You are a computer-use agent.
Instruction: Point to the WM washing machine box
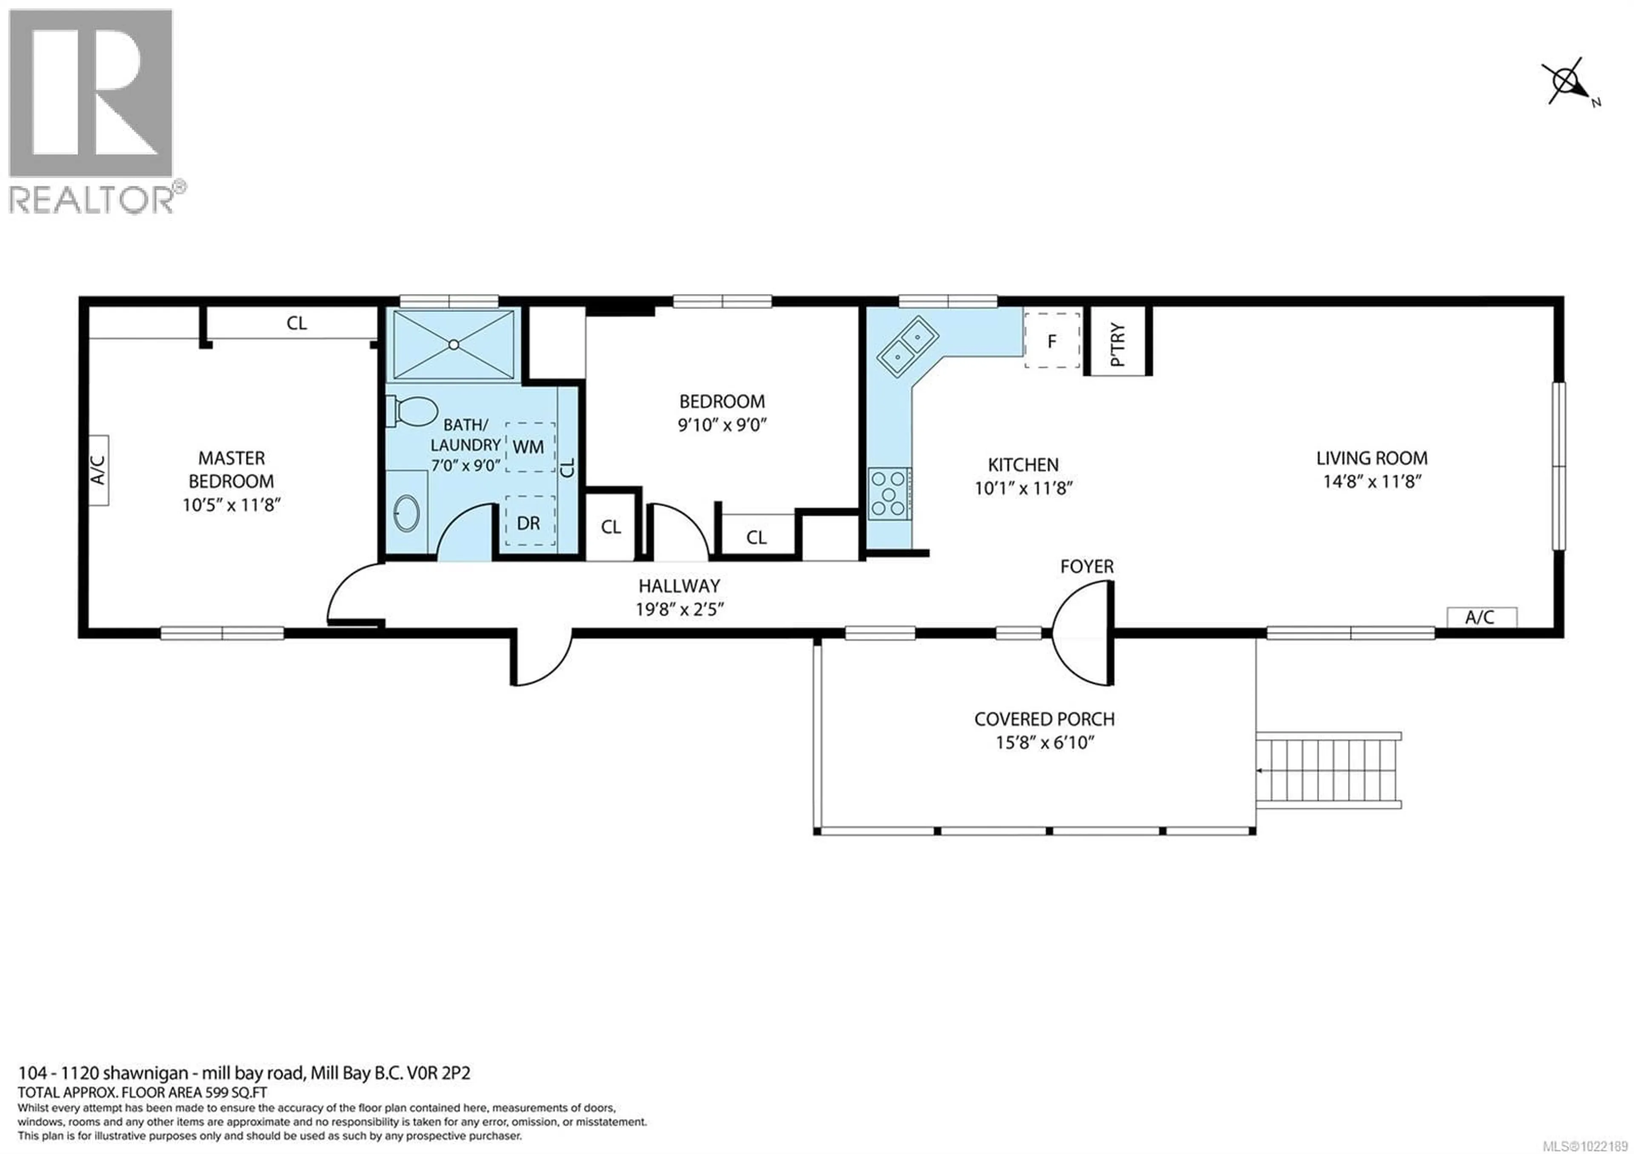[x=529, y=447]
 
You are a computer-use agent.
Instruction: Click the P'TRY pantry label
[x=1117, y=344]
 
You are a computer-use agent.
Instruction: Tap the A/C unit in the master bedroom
[x=98, y=470]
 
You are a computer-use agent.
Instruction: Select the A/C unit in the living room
[x=1481, y=617]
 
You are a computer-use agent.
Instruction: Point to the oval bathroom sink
[x=407, y=513]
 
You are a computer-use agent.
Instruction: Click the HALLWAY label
[x=679, y=586]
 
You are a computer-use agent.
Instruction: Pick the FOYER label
[x=1086, y=566]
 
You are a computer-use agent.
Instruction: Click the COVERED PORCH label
[x=1044, y=719]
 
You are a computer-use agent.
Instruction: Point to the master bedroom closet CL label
[x=297, y=323]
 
